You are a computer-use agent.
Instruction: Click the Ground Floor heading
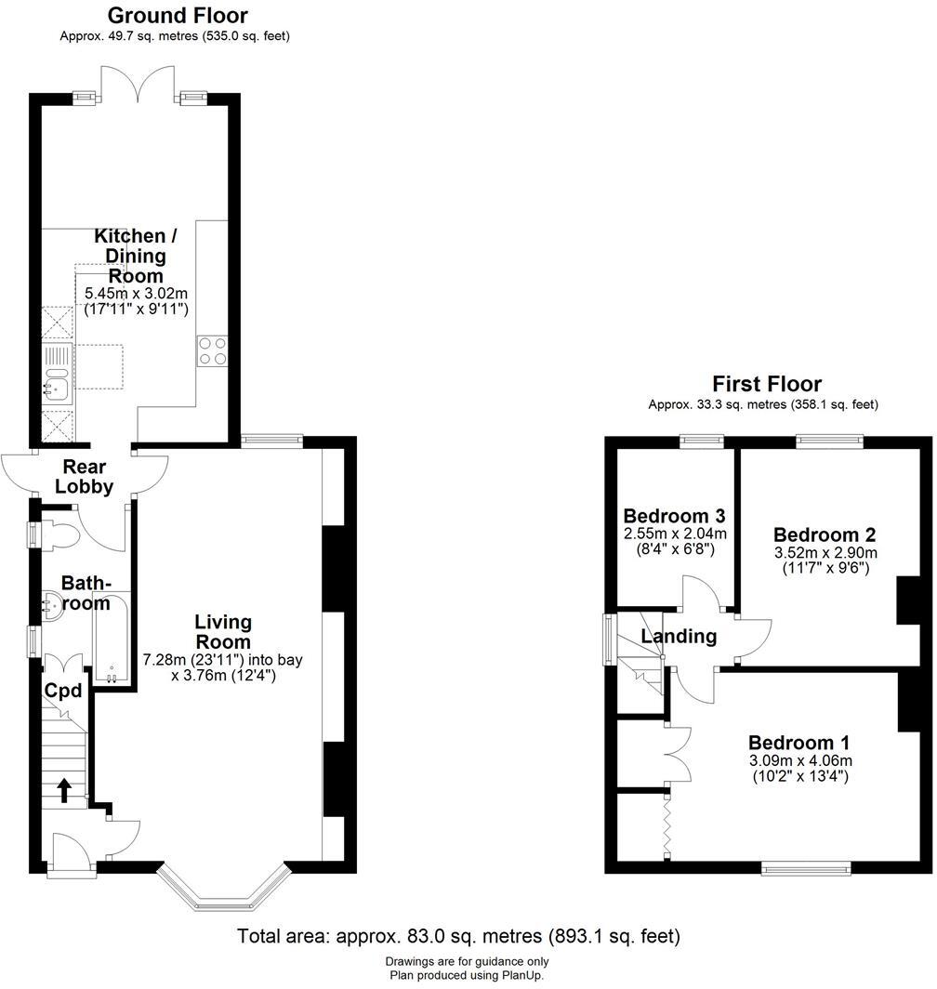[178, 16]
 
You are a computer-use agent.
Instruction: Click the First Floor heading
[767, 384]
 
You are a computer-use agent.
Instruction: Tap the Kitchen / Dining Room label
[130, 256]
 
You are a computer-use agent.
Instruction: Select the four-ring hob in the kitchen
[211, 351]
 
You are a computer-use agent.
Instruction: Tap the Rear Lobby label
[84, 476]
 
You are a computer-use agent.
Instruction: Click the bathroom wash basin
[52, 606]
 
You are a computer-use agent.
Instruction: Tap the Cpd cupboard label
[64, 691]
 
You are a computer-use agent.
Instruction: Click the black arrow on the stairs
[64, 790]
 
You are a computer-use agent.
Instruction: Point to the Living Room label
[223, 631]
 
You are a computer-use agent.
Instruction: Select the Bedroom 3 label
[674, 517]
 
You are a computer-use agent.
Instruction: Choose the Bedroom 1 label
[798, 743]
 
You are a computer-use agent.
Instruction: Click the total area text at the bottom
[458, 935]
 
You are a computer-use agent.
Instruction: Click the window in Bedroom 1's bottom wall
[806, 868]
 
